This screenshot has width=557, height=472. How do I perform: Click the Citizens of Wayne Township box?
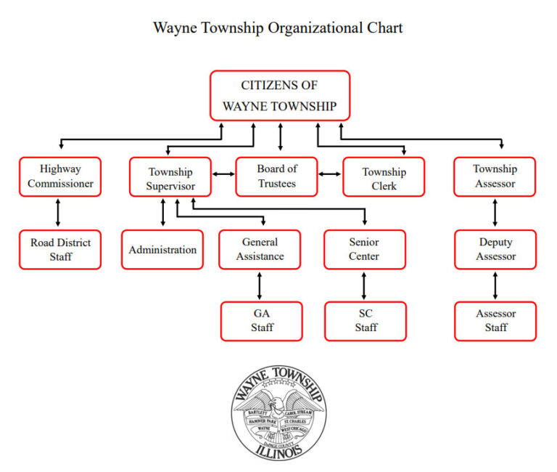pyautogui.click(x=279, y=95)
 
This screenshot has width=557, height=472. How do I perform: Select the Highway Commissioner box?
pyautogui.click(x=60, y=176)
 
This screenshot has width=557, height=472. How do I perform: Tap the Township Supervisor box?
pyautogui.click(x=170, y=177)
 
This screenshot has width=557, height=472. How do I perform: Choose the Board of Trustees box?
pyautogui.click(x=276, y=176)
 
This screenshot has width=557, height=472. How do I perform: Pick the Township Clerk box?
pyautogui.click(x=384, y=177)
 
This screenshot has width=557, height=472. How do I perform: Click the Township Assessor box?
pyautogui.click(x=495, y=176)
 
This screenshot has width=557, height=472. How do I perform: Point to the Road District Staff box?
pyautogui.click(x=60, y=249)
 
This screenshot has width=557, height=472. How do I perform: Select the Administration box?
pyautogui.click(x=162, y=249)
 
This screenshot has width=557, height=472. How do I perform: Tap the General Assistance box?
pyautogui.click(x=260, y=249)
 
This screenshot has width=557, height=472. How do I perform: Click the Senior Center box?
pyautogui.click(x=364, y=249)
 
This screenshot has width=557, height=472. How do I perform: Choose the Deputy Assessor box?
pyautogui.click(x=495, y=249)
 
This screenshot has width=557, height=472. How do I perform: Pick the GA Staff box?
pyautogui.click(x=262, y=321)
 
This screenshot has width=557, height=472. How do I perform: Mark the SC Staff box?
pyautogui.click(x=366, y=321)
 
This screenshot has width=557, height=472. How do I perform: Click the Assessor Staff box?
pyautogui.click(x=495, y=321)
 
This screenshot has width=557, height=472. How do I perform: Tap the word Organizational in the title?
pyautogui.click(x=314, y=28)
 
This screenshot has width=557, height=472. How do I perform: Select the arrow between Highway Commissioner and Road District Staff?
pyautogui.click(x=57, y=213)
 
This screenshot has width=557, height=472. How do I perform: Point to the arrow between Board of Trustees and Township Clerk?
pyautogui.click(x=330, y=174)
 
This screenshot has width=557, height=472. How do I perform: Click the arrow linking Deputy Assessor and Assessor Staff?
pyautogui.click(x=495, y=285)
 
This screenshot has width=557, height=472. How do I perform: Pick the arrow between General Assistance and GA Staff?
pyautogui.click(x=260, y=285)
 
